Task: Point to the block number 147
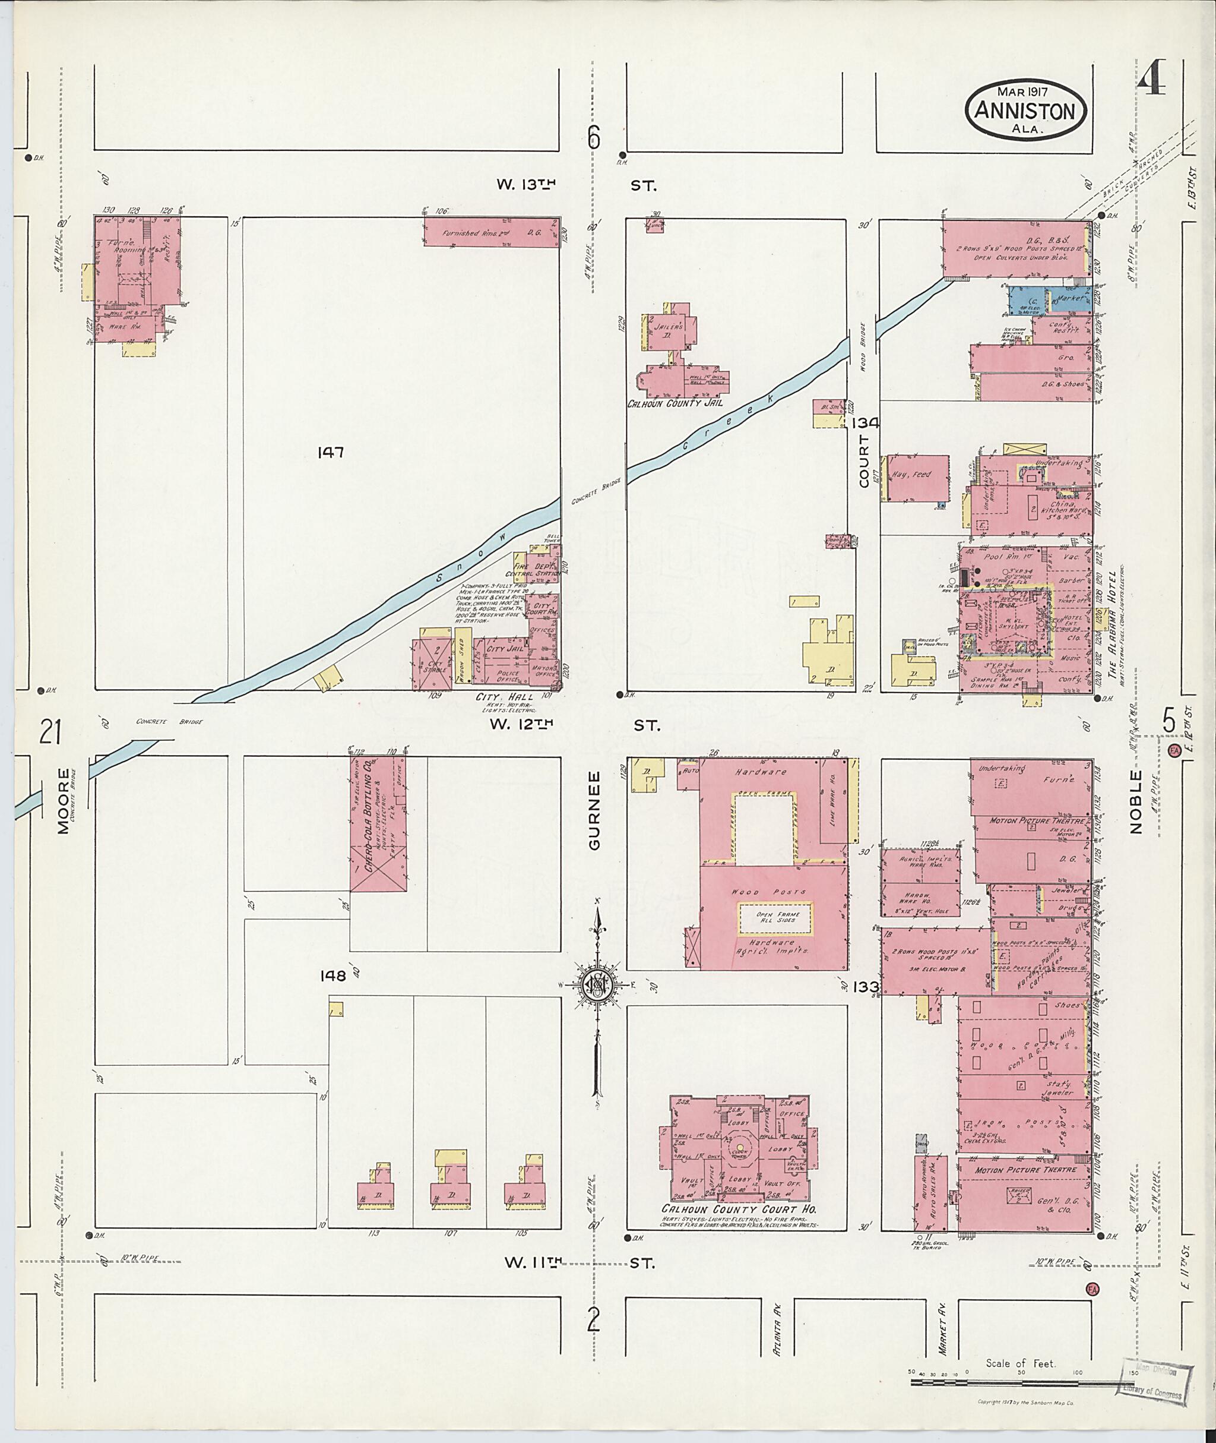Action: click(330, 453)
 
